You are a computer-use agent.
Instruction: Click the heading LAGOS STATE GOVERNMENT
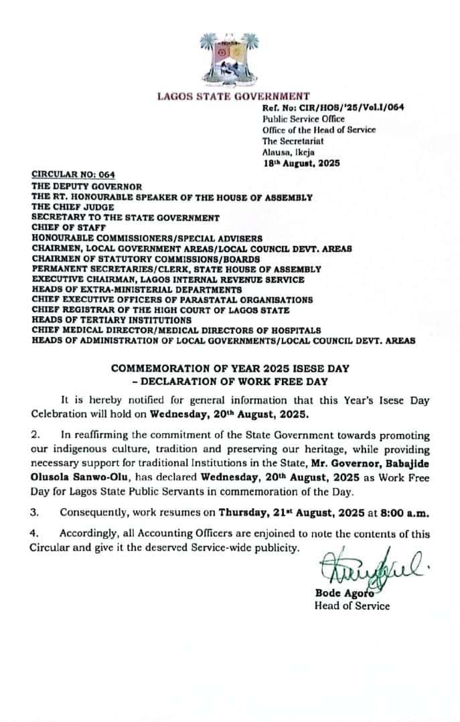coord(233,96)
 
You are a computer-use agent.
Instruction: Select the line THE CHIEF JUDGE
coord(70,207)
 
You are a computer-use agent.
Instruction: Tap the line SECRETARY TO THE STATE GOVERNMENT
coord(125,217)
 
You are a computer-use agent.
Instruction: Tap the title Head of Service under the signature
coord(352,606)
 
